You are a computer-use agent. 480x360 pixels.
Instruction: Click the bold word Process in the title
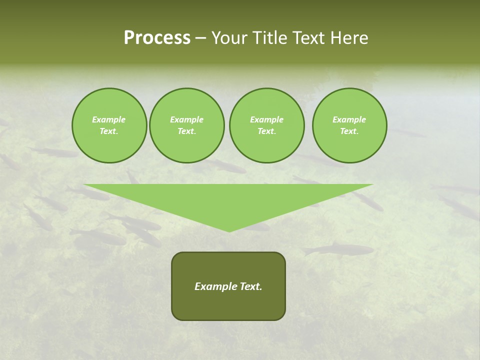(x=157, y=38)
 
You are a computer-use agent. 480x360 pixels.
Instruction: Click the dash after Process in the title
(x=201, y=39)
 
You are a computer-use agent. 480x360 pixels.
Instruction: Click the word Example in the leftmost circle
(x=109, y=119)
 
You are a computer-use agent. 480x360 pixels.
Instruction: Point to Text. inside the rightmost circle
(x=349, y=131)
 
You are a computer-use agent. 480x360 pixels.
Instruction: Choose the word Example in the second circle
(x=187, y=119)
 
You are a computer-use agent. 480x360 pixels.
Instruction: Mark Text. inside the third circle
(x=267, y=131)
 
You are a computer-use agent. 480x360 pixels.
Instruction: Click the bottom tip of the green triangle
(x=229, y=231)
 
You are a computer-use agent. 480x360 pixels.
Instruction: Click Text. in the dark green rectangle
(x=251, y=286)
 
